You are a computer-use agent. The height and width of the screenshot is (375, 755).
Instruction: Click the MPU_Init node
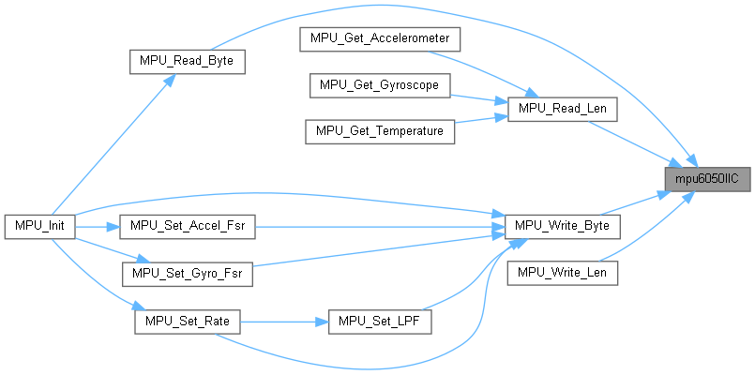point(39,227)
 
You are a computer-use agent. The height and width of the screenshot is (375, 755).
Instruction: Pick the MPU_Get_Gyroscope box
point(380,85)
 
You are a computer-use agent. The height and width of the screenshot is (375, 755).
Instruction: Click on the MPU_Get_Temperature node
point(380,131)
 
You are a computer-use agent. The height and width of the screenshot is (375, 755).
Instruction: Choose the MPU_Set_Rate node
point(188,321)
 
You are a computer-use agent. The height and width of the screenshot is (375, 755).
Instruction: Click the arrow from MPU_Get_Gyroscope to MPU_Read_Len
point(478,97)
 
